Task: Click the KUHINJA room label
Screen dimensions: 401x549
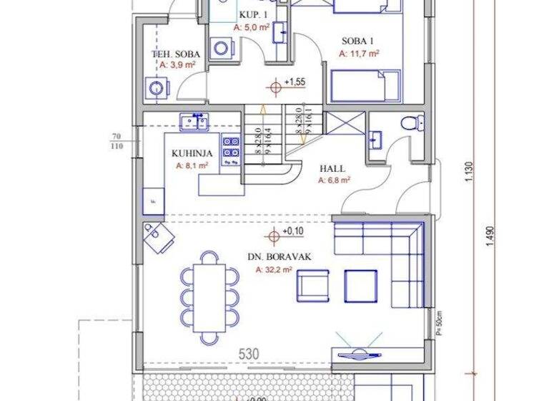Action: click(x=189, y=153)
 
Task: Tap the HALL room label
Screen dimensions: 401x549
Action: click(x=332, y=169)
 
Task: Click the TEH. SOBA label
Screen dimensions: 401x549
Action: click(x=176, y=54)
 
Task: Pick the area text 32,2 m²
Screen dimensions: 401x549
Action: click(x=274, y=270)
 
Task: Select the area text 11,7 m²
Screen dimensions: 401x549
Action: click(x=359, y=52)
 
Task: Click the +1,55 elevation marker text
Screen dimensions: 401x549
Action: click(x=295, y=82)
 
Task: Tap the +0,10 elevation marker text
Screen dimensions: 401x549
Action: click(x=292, y=232)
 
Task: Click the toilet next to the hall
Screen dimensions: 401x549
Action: click(x=410, y=122)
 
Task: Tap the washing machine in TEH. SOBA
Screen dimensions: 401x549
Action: click(x=156, y=88)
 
